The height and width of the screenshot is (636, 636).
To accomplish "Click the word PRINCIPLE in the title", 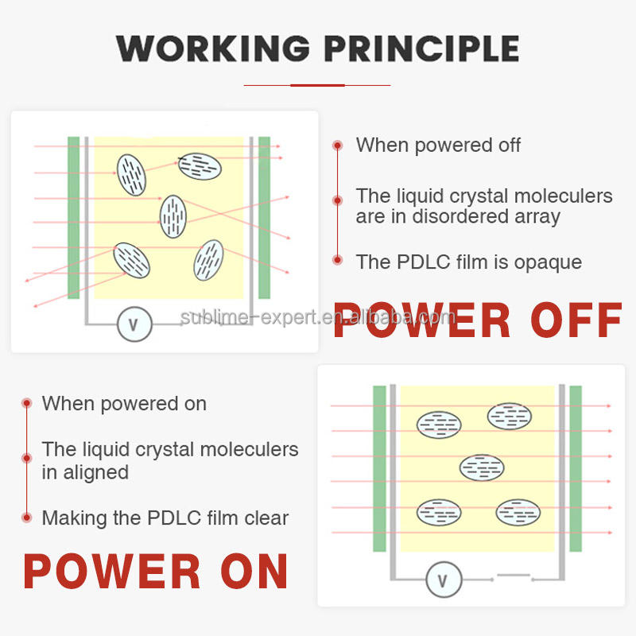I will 421,48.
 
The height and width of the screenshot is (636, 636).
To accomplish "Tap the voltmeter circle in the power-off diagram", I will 134,324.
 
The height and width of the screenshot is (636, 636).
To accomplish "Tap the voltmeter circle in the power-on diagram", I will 444,581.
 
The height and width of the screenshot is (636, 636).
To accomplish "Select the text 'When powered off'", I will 438,145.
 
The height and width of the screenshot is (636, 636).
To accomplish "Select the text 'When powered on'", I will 124,404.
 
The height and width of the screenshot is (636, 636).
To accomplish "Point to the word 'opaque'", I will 549,262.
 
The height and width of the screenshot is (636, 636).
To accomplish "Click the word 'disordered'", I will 460,216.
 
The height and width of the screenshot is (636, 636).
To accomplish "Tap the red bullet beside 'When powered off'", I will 337,145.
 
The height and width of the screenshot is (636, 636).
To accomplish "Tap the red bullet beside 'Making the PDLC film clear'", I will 26,518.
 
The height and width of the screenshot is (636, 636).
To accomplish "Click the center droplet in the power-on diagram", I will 481,467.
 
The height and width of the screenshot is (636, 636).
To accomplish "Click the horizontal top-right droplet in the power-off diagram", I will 200,165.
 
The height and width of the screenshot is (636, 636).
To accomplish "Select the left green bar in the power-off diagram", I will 73,218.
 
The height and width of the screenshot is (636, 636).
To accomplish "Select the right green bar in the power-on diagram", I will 576,468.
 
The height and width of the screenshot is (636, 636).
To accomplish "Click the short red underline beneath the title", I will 317,84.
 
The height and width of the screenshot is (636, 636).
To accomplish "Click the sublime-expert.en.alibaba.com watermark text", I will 318,319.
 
